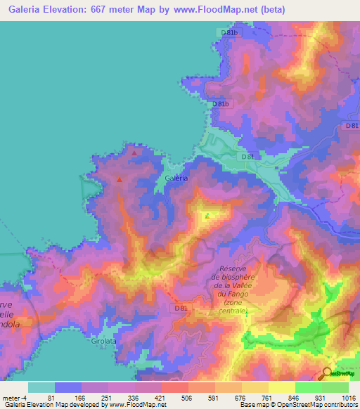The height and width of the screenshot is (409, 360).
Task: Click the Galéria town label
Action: click(x=176, y=178)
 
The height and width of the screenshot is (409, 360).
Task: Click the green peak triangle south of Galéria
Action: click(x=206, y=216)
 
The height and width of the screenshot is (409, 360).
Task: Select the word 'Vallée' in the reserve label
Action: click(x=247, y=285)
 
